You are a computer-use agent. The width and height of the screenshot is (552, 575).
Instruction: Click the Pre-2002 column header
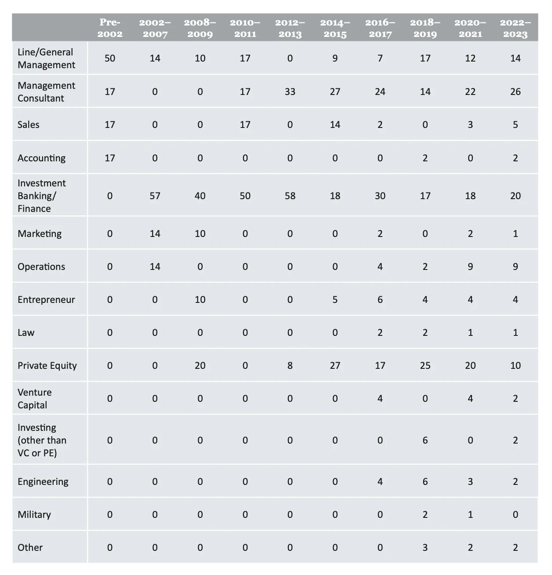pyautogui.click(x=110, y=28)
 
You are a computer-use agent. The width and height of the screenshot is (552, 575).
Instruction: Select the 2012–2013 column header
pyautogui.click(x=290, y=28)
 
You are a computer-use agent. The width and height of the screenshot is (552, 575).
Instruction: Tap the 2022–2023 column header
pyautogui.click(x=516, y=28)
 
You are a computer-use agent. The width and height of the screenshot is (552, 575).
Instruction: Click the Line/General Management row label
pyautogui.click(x=46, y=58)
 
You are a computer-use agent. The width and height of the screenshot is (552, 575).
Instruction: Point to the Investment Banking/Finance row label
pyautogui.click(x=42, y=196)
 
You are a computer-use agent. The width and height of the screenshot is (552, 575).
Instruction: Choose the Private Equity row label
pyautogui.click(x=47, y=366)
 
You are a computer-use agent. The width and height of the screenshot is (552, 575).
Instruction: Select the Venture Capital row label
pyautogui.click(x=34, y=399)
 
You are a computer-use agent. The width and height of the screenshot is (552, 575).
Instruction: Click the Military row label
pyautogui.click(x=34, y=514)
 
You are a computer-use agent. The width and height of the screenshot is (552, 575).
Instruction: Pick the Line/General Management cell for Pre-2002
pyautogui.click(x=110, y=58)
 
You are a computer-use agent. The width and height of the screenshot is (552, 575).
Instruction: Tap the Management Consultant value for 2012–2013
pyautogui.click(x=290, y=91)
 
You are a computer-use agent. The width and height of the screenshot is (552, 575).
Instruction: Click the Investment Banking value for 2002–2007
pyautogui.click(x=155, y=196)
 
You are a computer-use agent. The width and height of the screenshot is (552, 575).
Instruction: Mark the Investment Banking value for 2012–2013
pyautogui.click(x=290, y=196)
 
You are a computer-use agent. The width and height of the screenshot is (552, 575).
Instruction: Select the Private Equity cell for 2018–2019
pyautogui.click(x=425, y=366)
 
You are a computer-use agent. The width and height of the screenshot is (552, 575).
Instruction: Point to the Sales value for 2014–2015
pyautogui.click(x=335, y=125)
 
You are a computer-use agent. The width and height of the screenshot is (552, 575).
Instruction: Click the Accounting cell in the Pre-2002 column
pyautogui.click(x=110, y=158)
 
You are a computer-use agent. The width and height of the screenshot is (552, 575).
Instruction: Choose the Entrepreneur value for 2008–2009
pyautogui.click(x=200, y=300)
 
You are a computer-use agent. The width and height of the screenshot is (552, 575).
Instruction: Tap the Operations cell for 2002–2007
pyautogui.click(x=155, y=267)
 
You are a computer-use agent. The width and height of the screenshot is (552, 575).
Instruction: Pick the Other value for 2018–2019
pyautogui.click(x=425, y=548)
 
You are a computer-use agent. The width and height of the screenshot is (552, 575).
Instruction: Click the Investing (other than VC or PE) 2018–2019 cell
pyautogui.click(x=425, y=440)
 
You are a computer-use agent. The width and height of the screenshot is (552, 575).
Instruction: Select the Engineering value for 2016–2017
pyautogui.click(x=380, y=482)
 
